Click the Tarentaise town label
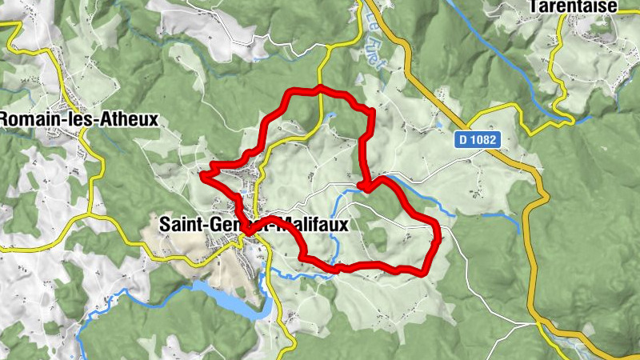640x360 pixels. click(x=583, y=6)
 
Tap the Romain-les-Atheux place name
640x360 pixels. click(x=79, y=119)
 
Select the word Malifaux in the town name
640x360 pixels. click(x=312, y=225)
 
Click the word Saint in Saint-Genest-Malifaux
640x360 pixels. click(x=180, y=225)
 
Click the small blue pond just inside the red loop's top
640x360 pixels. click(x=330, y=117)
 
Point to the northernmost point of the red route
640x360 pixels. click(x=320, y=87)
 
